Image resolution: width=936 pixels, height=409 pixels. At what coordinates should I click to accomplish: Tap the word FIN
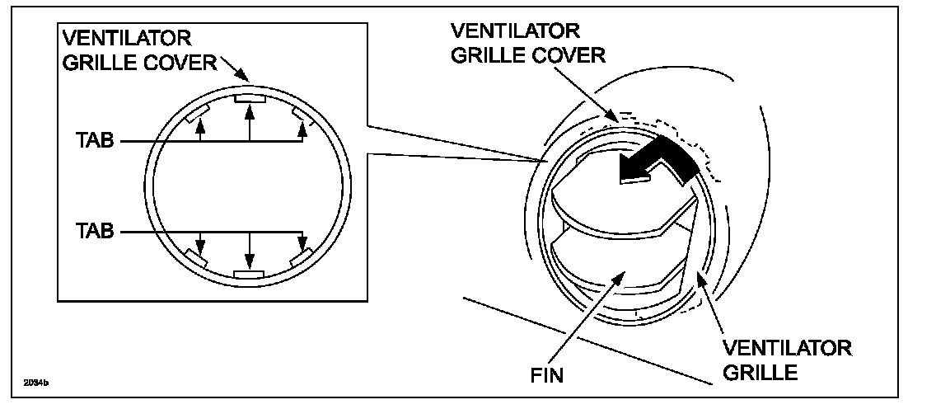(x=548, y=376)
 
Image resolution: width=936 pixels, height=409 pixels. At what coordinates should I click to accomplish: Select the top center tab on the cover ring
(x=249, y=99)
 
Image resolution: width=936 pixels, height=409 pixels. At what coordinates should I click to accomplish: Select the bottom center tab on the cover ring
(x=249, y=273)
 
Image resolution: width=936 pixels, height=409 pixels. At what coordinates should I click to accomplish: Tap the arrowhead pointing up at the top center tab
(x=249, y=108)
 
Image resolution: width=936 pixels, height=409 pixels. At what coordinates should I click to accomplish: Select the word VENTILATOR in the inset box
(x=127, y=39)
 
